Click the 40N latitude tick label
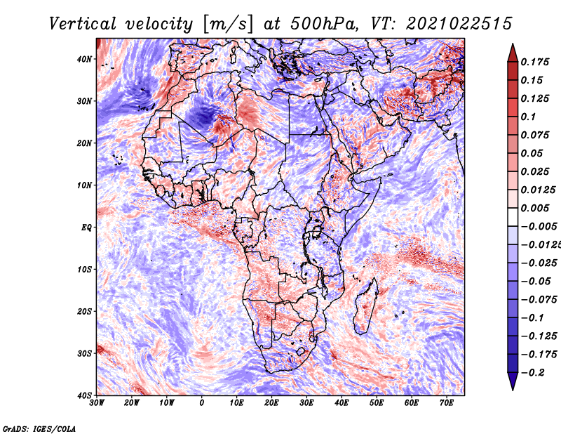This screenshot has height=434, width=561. (84, 59)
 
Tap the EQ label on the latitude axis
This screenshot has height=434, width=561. (86, 228)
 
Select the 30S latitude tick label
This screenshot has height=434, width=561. (84, 353)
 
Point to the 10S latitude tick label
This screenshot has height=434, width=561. (84, 269)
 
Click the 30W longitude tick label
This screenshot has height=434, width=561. (97, 403)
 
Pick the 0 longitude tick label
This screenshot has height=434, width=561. (202, 403)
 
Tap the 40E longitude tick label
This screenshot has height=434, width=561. (342, 403)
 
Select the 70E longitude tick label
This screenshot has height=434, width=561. (447, 403)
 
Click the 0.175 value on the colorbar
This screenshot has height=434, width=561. (534, 62)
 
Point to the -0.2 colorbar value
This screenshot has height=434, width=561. (532, 372)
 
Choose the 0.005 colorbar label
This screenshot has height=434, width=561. (534, 208)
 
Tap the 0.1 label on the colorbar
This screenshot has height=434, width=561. (528, 117)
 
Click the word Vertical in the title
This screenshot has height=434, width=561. (83, 24)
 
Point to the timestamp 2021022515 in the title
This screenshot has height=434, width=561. (459, 24)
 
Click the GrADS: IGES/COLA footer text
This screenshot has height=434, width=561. (39, 428)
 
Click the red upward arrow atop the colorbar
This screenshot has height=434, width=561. (513, 53)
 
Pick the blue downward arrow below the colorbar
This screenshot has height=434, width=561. (513, 381)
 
